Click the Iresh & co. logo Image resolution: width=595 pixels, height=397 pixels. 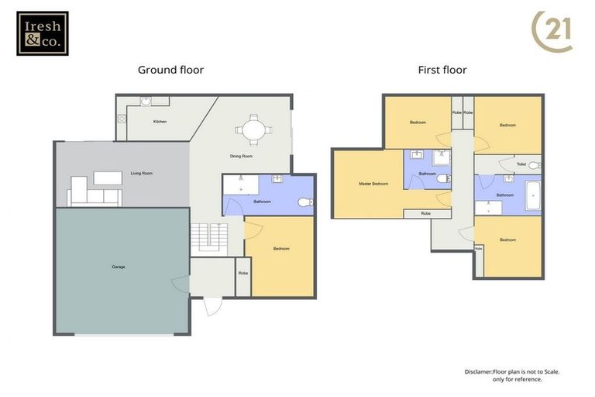pyautogui.click(x=43, y=33)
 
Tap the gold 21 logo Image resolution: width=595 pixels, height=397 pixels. pyautogui.click(x=553, y=31)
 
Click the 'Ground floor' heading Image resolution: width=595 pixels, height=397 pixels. pyautogui.click(x=170, y=70)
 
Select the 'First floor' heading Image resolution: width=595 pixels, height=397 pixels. pyautogui.click(x=442, y=70)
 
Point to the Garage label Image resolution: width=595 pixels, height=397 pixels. pyautogui.click(x=119, y=267)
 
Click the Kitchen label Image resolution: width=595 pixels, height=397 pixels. pyautogui.click(x=160, y=122)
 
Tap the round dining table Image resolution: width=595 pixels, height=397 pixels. pyautogui.click(x=253, y=129)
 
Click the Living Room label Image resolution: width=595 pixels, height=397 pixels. pyautogui.click(x=141, y=173)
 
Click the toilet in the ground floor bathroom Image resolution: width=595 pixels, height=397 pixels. pyautogui.click(x=304, y=202)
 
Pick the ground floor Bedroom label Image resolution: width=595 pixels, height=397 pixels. pyautogui.click(x=280, y=249)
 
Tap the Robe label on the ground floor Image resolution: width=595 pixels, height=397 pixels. pyautogui.click(x=243, y=273)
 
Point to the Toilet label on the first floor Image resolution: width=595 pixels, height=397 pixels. pyautogui.click(x=521, y=164)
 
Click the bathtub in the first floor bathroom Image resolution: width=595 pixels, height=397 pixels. pyautogui.click(x=532, y=196)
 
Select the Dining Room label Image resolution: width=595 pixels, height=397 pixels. pyautogui.click(x=241, y=157)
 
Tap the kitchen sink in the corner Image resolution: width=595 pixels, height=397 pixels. pyautogui.click(x=145, y=101)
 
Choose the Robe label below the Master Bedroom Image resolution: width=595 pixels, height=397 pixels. pyautogui.click(x=426, y=213)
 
